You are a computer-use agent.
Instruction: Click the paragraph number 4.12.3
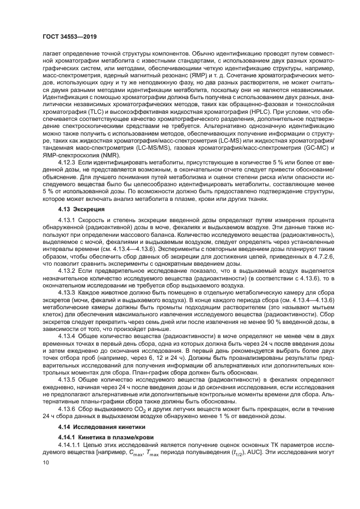click(x=68, y=162)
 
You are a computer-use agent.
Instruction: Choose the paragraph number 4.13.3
click(x=68, y=293)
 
